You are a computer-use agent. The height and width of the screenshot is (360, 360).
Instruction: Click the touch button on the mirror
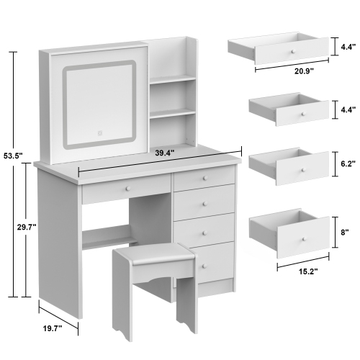100,132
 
